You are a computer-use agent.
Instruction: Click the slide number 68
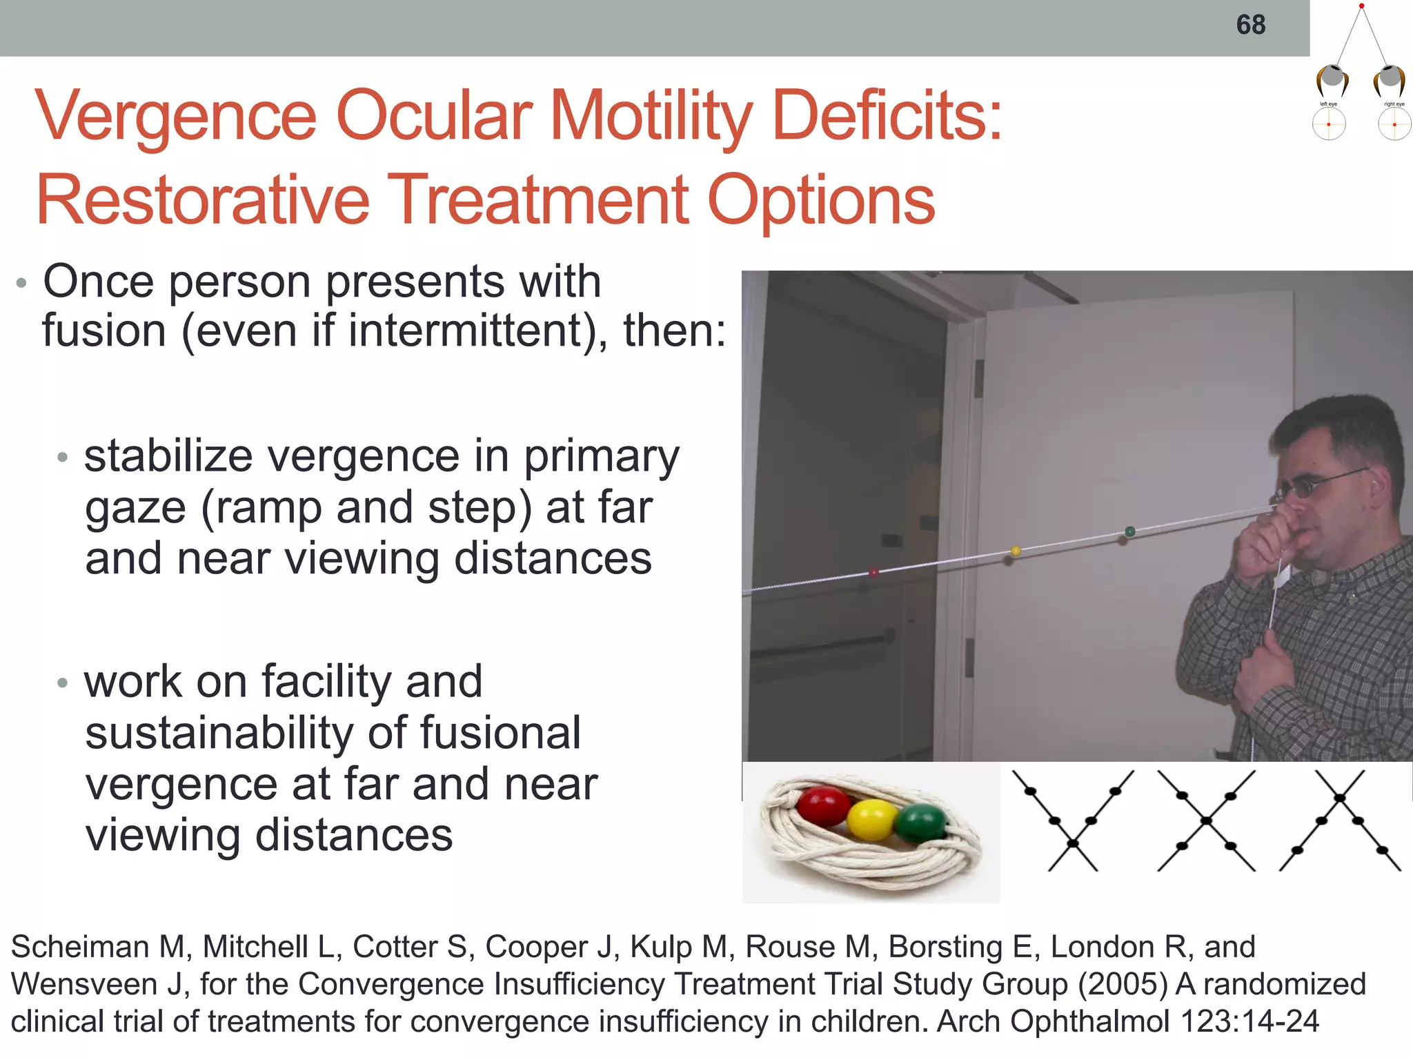click(x=1250, y=26)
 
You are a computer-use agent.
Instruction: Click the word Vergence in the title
click(x=176, y=116)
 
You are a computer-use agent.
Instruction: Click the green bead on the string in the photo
click(x=1130, y=531)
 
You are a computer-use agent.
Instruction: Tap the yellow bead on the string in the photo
click(x=1016, y=551)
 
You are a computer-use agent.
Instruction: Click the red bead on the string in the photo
click(x=873, y=572)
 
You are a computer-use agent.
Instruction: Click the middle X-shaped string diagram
click(x=1206, y=821)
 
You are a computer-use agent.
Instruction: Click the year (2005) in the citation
click(x=1122, y=984)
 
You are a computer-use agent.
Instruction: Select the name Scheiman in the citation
click(x=80, y=947)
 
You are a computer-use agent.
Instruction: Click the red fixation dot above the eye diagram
click(x=1361, y=6)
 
